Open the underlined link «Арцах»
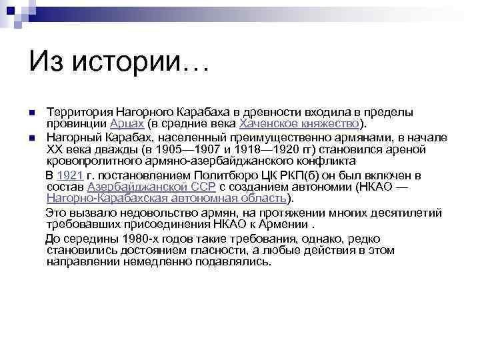click(x=125, y=123)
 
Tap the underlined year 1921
click(x=69, y=175)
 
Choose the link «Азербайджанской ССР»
click(x=151, y=187)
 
